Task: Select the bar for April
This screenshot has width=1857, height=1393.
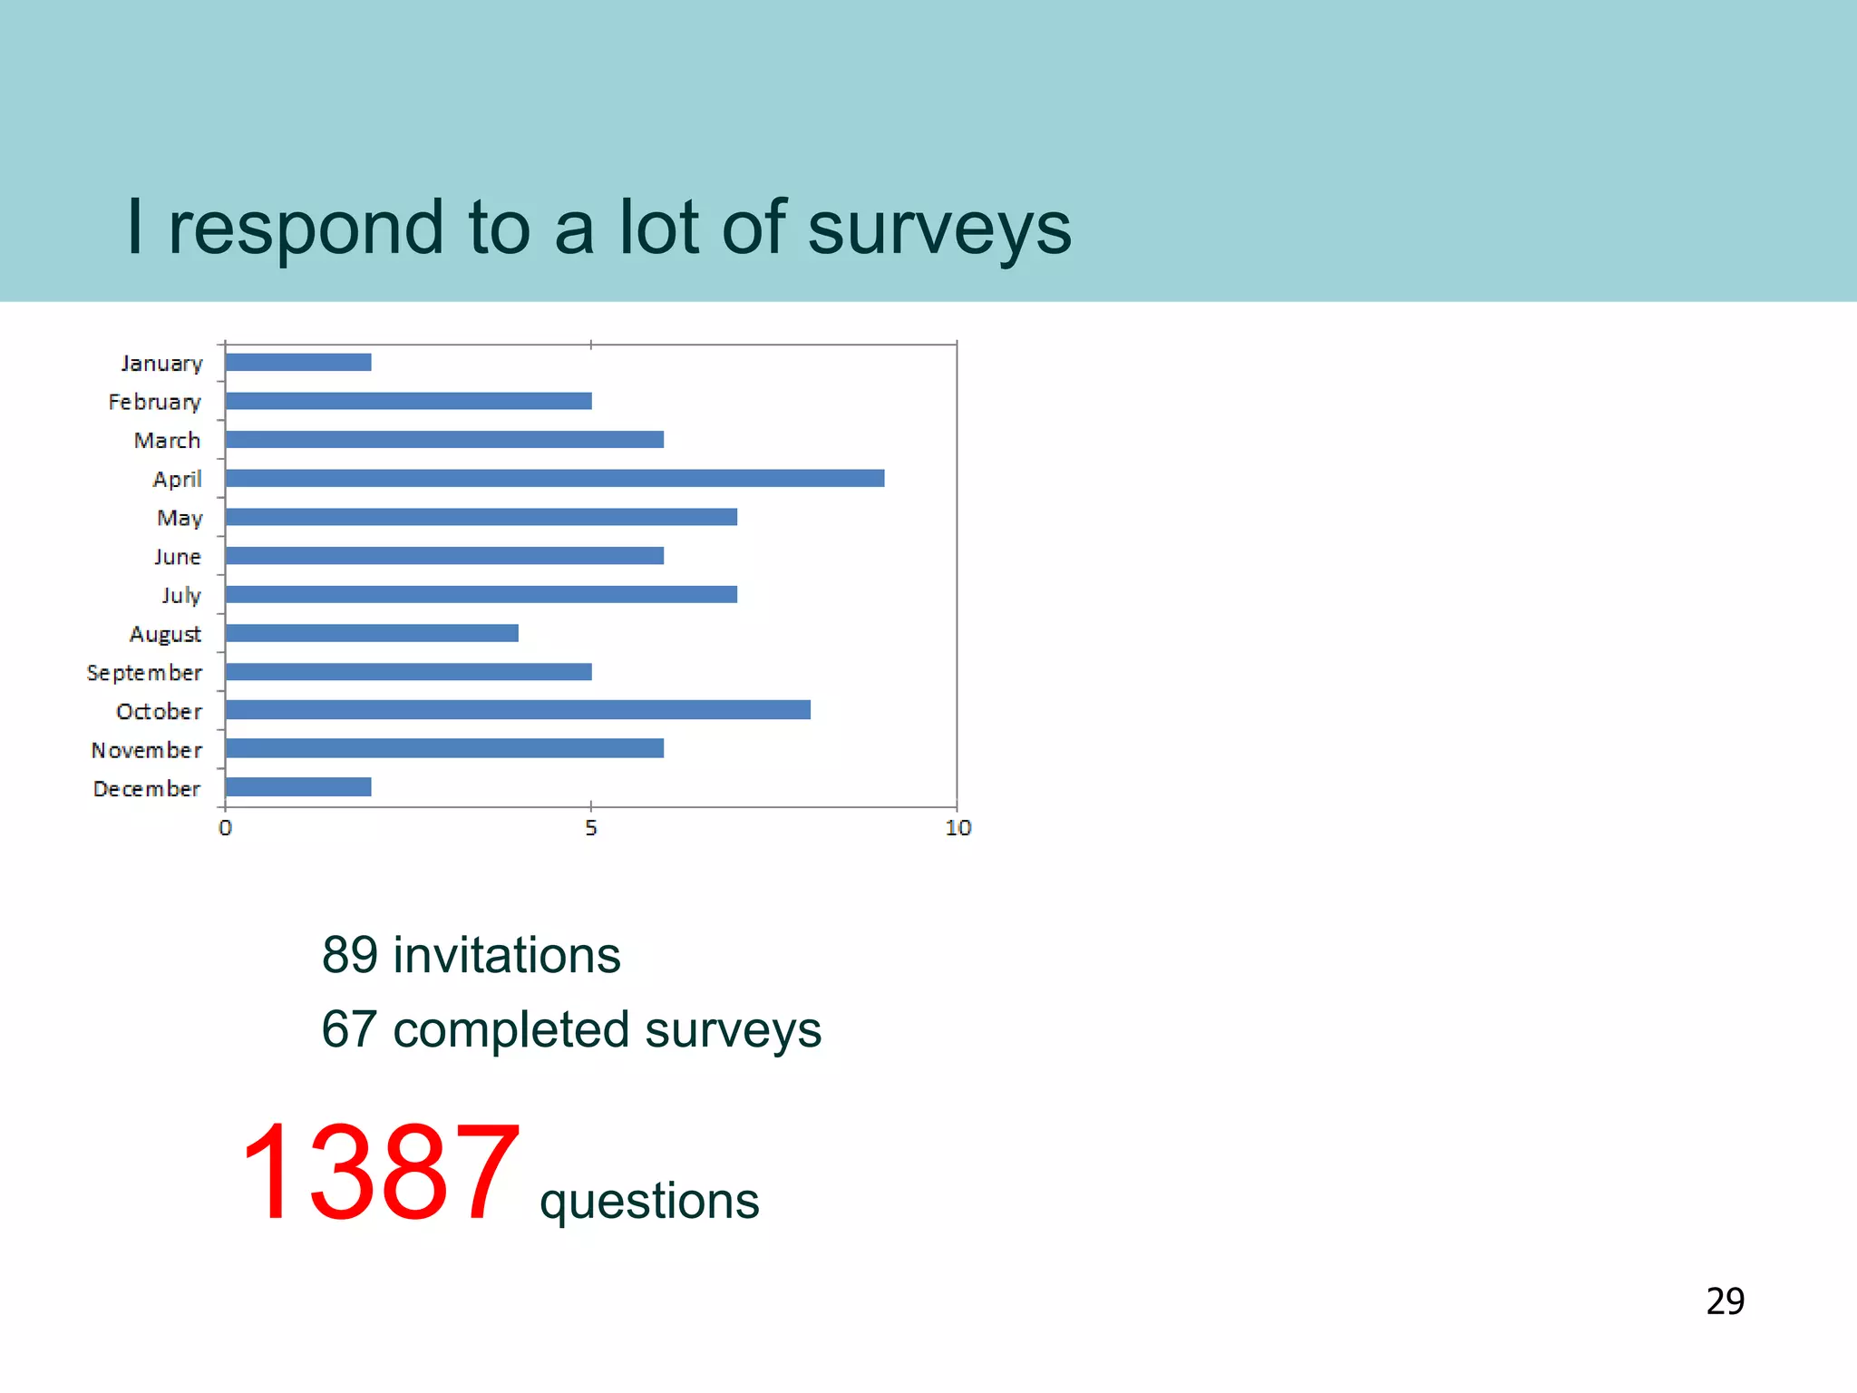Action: [x=554, y=478]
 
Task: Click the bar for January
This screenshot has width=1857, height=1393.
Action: [x=298, y=363]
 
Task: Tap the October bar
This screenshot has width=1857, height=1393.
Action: [x=518, y=710]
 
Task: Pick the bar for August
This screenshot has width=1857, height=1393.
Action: [x=372, y=633]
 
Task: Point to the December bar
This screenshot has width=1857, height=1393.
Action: [x=298, y=787]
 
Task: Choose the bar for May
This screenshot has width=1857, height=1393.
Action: [x=481, y=517]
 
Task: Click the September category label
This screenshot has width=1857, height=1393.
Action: [x=144, y=673]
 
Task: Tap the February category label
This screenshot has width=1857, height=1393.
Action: [x=154, y=402]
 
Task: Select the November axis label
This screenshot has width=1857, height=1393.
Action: [x=146, y=750]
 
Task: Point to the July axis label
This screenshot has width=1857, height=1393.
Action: [x=181, y=595]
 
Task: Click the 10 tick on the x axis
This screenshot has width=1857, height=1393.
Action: [x=958, y=828]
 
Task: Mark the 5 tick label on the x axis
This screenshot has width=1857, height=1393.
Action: [x=591, y=828]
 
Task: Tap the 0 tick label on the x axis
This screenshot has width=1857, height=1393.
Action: [x=225, y=828]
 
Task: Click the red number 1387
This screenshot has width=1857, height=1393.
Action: [x=381, y=1173]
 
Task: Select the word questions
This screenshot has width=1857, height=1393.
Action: [x=649, y=1202]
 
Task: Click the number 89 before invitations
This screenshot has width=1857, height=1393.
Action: [x=350, y=955]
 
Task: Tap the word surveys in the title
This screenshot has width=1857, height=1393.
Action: [x=939, y=227]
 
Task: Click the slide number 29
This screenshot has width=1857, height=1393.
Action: [x=1725, y=1301]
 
